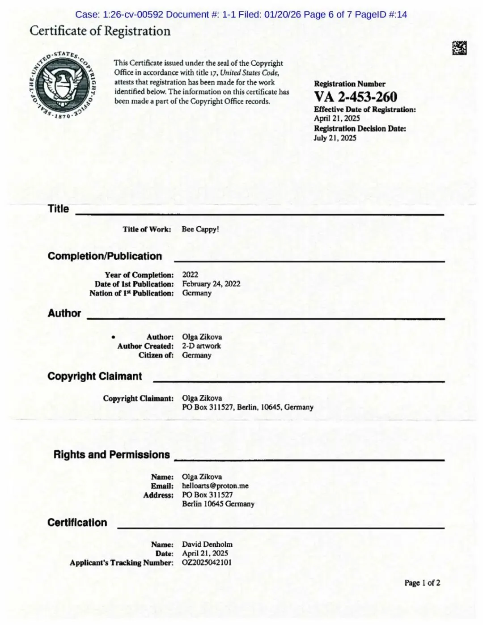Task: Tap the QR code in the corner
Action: (459, 48)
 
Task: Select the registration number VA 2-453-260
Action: (355, 97)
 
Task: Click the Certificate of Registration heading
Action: (100, 31)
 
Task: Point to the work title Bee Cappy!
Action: (200, 229)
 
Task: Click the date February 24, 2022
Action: (211, 284)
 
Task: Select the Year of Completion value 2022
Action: (190, 274)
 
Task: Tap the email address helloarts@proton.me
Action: (215, 486)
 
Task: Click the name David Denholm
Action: (207, 545)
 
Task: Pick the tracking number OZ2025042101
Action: (207, 562)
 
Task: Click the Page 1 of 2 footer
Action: (422, 583)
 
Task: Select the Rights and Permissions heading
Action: (112, 455)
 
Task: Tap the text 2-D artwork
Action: (201, 346)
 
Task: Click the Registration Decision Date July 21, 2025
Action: (335, 138)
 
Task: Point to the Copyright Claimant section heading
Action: (95, 376)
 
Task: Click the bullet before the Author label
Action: (114, 337)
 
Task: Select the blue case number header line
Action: (241, 14)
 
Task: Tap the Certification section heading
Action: (77, 523)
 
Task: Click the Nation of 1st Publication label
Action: (131, 293)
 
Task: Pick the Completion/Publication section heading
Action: (105, 256)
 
